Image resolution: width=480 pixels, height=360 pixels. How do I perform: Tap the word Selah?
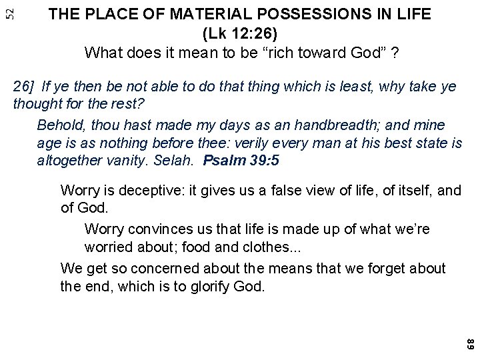pos(179,160)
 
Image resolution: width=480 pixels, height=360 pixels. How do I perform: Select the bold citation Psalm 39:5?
pos(241,160)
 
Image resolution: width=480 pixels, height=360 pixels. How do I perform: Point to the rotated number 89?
pos(469,345)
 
